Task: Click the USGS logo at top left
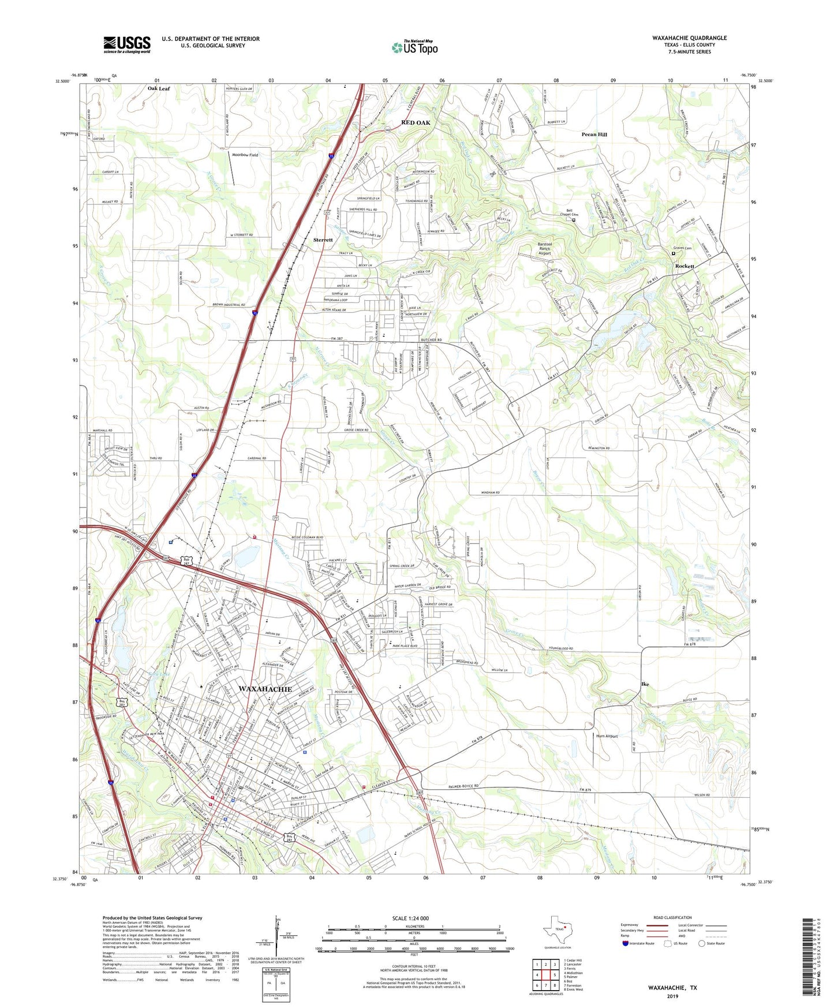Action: [127, 44]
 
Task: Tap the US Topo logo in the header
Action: [414, 47]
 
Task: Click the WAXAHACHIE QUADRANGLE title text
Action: [689, 38]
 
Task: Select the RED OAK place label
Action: [416, 123]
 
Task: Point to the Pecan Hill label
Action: [594, 135]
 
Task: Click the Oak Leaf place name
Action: [159, 88]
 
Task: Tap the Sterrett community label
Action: [323, 240]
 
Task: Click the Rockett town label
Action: [685, 266]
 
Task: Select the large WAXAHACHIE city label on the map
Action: [265, 689]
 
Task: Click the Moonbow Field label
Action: [245, 155]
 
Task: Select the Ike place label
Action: [645, 684]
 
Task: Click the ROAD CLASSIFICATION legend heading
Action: [672, 917]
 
